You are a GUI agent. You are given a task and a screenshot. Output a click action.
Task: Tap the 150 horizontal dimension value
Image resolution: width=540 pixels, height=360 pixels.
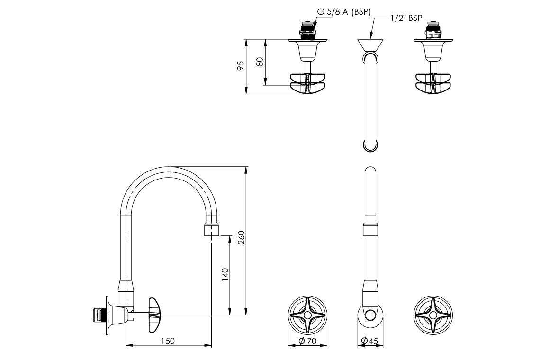[x=168, y=341]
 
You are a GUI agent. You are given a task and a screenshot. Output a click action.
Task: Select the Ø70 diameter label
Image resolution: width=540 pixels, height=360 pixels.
[x=308, y=341]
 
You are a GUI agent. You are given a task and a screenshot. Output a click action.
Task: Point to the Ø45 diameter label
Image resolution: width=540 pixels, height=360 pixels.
[x=369, y=341]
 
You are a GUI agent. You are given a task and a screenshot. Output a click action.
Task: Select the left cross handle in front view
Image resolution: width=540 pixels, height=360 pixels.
[x=308, y=315]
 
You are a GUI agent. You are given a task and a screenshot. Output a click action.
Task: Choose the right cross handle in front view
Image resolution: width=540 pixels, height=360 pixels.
[x=433, y=315]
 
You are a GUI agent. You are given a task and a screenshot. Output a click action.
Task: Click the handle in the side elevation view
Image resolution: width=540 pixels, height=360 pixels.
[x=155, y=314]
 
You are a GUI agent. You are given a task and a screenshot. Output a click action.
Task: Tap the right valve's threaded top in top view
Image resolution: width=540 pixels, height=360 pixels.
[x=433, y=29]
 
